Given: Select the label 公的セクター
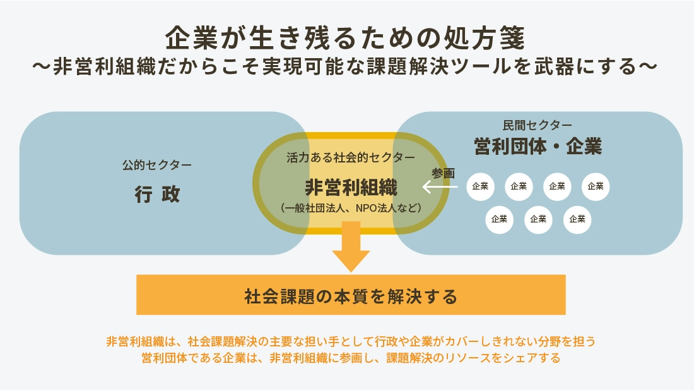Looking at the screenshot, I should point(156,166).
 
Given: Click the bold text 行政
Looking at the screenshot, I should point(157,194).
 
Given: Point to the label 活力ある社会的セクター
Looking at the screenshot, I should point(351,157).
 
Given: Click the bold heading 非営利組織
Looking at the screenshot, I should point(351,187).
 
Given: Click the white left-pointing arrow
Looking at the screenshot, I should point(440,186).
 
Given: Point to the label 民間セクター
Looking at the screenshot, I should point(538,125).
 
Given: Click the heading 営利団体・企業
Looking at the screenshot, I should point(538,147).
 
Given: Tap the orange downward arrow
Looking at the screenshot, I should point(351,247).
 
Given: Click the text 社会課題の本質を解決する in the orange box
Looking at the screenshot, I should point(351,296).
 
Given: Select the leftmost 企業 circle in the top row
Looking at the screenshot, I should point(480,186).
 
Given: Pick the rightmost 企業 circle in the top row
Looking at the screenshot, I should point(596,186).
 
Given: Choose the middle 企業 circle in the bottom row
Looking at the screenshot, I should point(538,219).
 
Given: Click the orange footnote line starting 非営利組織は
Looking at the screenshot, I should point(351,342).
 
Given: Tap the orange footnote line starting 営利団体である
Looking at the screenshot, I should point(351,358).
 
